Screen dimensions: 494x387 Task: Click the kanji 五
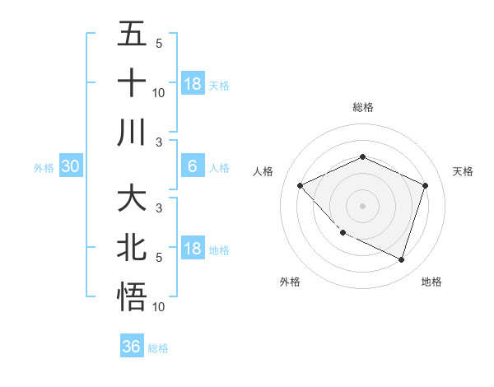132,35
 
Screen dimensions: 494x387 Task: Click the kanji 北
132,248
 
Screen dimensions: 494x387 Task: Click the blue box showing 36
132,347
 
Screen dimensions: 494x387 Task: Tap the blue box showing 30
71,166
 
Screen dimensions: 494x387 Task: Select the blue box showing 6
192,166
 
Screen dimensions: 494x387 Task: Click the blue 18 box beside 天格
192,83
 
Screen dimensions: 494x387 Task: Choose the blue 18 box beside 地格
192,249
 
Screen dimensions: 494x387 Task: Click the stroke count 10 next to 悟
158,307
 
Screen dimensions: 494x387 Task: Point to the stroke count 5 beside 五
158,43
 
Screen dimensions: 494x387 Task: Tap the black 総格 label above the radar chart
362,107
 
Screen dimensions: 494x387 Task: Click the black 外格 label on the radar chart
290,282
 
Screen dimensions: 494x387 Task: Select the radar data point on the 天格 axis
426,186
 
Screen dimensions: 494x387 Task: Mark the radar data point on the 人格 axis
301,186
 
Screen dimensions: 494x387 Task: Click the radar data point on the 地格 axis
401,259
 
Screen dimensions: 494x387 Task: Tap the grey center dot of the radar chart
362,206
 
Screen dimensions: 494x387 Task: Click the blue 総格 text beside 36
158,348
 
